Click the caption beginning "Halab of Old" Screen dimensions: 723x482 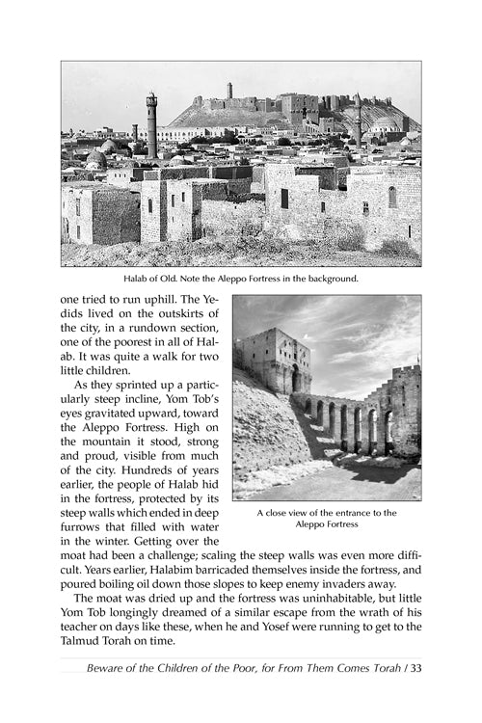[x=240, y=280]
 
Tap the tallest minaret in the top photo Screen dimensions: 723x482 [x=152, y=125]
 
